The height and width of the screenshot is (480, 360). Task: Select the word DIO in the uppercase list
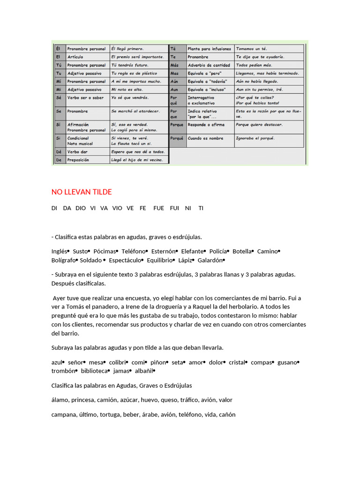(x=81, y=208)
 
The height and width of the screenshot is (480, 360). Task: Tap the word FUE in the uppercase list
(x=158, y=208)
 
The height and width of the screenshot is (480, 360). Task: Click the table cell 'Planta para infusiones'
(x=209, y=48)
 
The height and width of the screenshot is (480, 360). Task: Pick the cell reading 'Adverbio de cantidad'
(x=209, y=65)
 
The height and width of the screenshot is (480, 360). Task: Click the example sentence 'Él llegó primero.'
(x=127, y=48)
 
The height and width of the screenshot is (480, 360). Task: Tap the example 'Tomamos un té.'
(x=251, y=48)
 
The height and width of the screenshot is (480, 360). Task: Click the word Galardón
(x=210, y=260)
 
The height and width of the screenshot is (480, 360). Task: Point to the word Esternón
(x=162, y=251)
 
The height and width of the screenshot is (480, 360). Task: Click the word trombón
(x=62, y=371)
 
